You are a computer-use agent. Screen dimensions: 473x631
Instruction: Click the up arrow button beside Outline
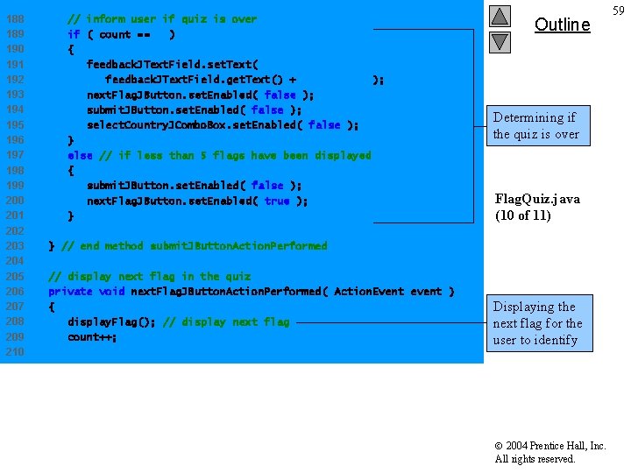(500, 17)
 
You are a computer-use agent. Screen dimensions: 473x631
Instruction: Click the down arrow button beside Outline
(500, 40)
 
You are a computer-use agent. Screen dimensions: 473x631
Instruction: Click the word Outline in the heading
(562, 25)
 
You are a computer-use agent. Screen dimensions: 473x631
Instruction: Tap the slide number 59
(619, 11)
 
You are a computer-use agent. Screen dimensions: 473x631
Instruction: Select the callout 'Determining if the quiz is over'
(535, 125)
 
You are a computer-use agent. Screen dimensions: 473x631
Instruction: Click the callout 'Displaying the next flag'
(536, 323)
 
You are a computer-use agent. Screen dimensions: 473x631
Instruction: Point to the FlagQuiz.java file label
(537, 207)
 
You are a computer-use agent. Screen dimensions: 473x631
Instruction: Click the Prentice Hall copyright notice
(549, 452)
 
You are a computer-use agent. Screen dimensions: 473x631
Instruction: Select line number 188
(15, 19)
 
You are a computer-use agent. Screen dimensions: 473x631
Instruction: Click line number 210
(15, 352)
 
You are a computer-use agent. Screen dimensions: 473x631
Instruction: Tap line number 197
(15, 155)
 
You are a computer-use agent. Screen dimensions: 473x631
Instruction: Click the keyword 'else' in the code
(80, 155)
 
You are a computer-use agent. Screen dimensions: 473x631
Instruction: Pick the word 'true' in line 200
(276, 201)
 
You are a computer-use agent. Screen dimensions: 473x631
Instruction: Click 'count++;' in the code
(92, 337)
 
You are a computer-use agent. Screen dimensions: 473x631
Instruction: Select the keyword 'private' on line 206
(70, 292)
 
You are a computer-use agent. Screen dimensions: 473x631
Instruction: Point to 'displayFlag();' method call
(111, 322)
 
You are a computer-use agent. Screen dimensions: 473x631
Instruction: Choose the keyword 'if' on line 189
(74, 35)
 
